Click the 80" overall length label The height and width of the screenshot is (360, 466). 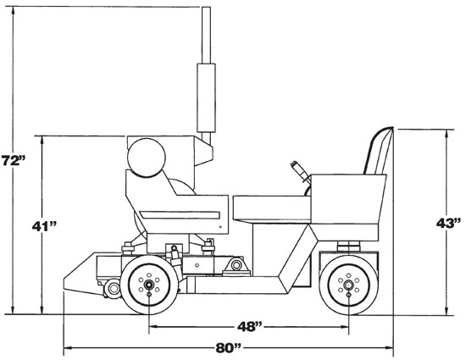tap(227, 348)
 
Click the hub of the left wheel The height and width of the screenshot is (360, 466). tap(149, 286)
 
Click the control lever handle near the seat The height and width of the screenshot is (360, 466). tap(298, 166)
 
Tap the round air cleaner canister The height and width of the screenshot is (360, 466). tap(145, 158)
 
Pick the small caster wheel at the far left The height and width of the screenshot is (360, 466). tap(110, 291)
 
